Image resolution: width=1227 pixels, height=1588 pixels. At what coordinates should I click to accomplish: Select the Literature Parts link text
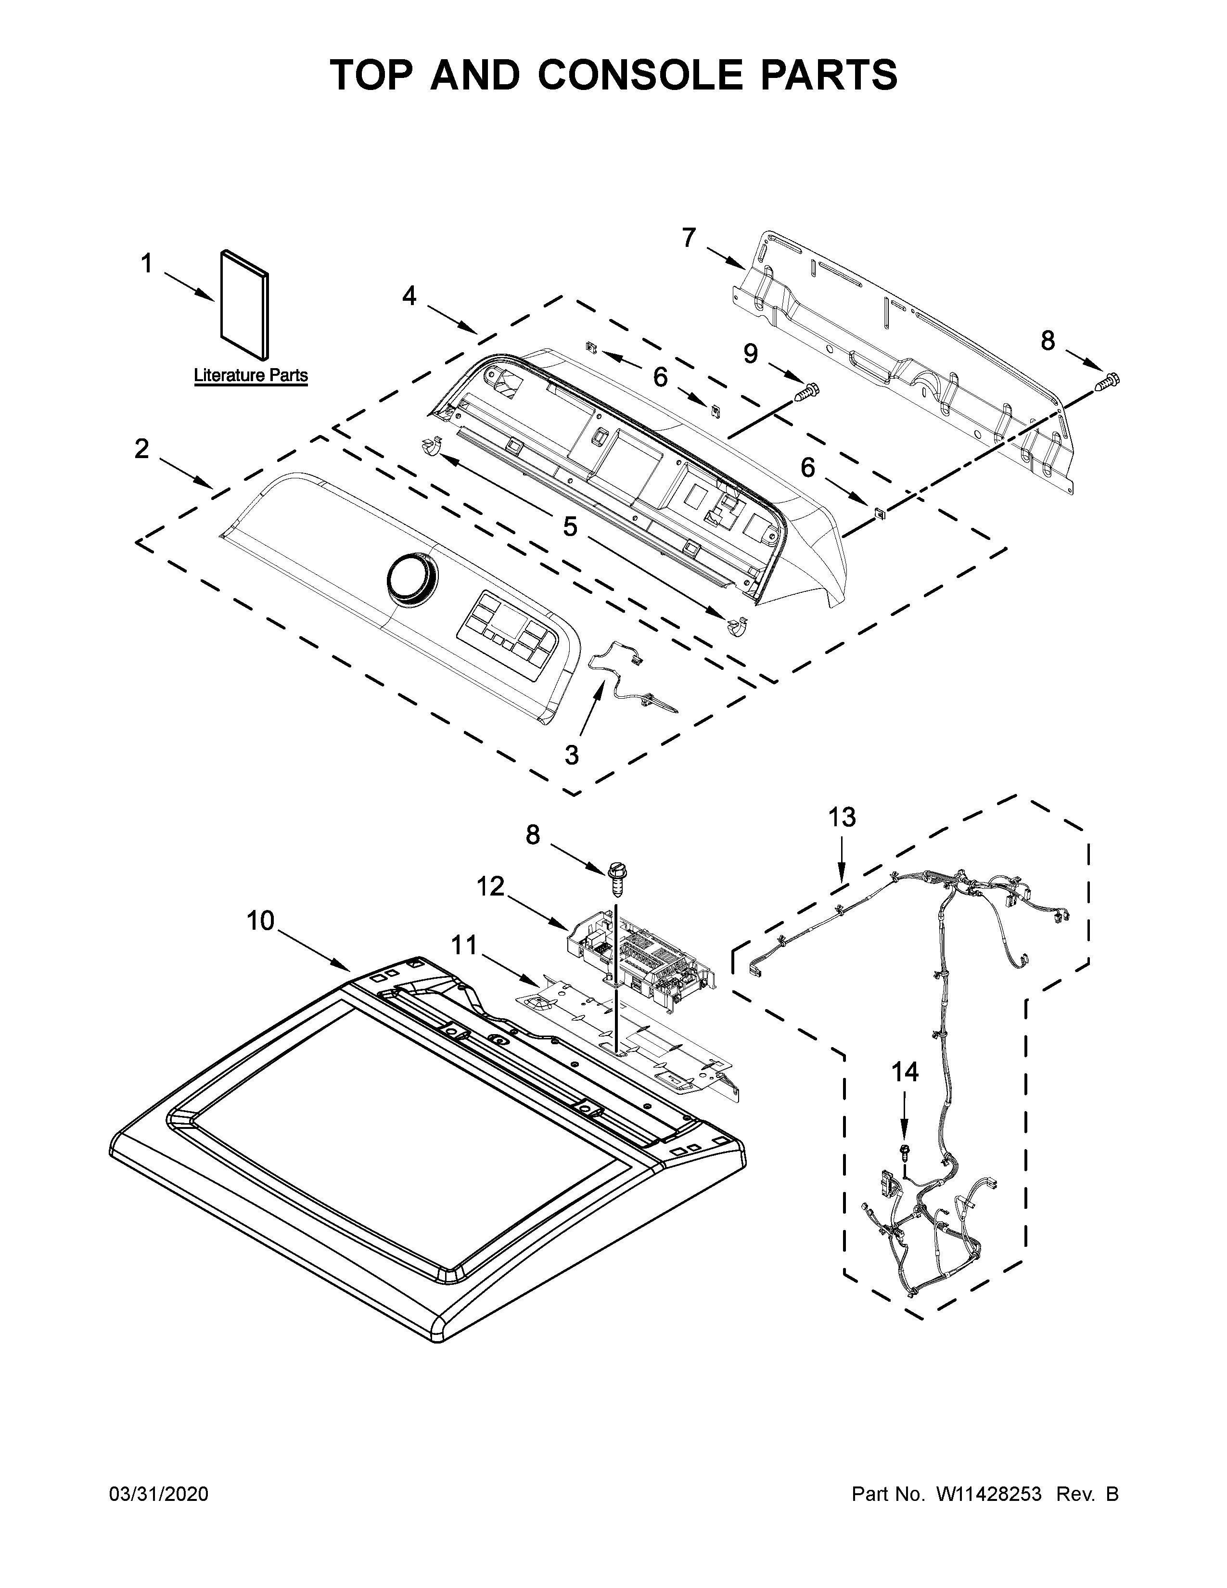point(251,376)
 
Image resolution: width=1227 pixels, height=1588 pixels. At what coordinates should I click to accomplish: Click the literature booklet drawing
point(245,306)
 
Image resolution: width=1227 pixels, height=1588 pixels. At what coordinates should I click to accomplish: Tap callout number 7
point(689,237)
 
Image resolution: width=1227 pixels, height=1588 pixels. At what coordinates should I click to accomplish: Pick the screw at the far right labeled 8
point(1109,379)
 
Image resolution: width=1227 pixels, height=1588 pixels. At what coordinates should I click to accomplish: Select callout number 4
point(409,295)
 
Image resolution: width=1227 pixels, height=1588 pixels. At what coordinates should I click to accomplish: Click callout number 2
point(142,448)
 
